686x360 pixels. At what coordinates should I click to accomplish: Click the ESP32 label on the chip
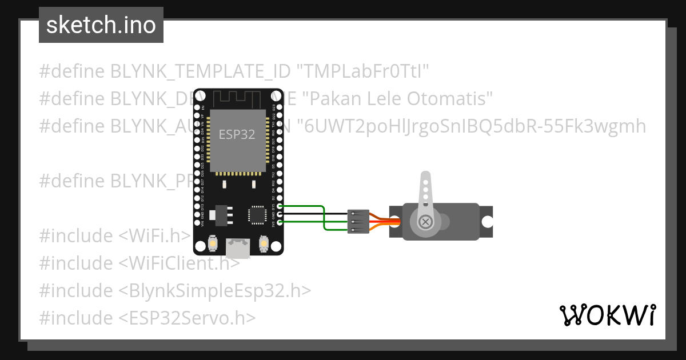point(237,135)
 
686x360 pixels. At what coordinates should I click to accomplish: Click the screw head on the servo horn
point(425,222)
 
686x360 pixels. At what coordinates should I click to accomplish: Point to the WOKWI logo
point(607,315)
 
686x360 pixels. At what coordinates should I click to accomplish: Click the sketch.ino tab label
point(101,25)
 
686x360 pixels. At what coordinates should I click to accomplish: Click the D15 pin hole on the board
point(280,206)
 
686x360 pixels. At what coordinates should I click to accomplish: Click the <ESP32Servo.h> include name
point(188,318)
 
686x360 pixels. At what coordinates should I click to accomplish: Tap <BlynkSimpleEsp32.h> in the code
point(215,290)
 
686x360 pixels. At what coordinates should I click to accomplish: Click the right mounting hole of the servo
point(488,222)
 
